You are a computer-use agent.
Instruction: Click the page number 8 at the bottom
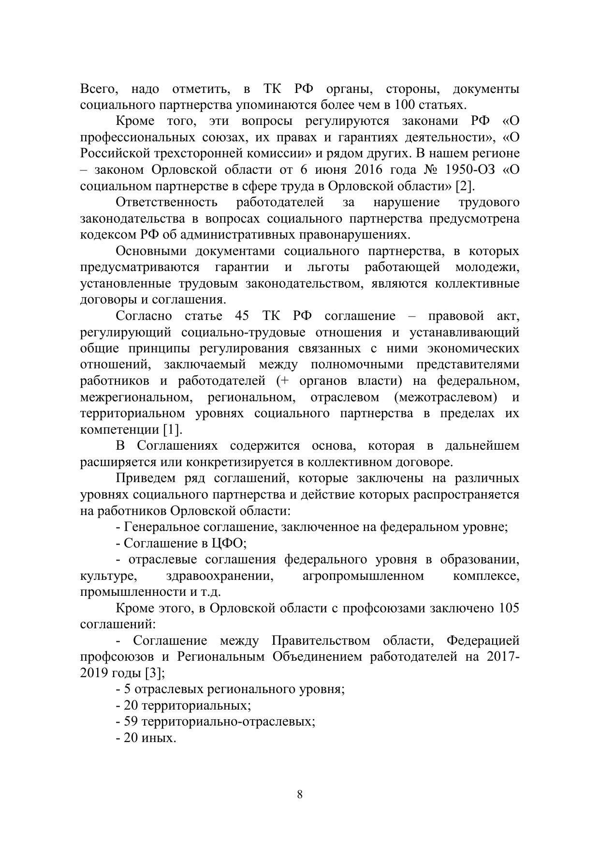click(300, 794)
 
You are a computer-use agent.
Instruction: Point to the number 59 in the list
click(131, 721)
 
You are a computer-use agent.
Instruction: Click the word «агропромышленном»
click(363, 576)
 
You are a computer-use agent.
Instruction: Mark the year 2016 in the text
click(368, 170)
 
